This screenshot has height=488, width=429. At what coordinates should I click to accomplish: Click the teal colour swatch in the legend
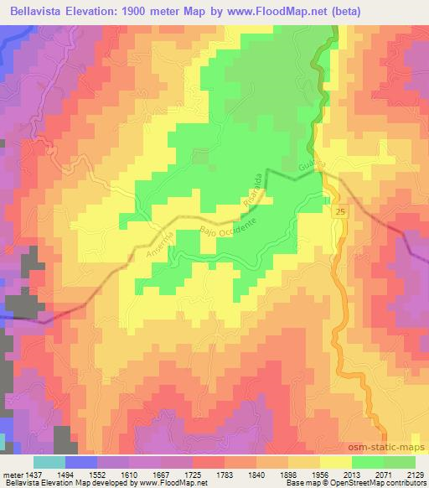click(x=49, y=462)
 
